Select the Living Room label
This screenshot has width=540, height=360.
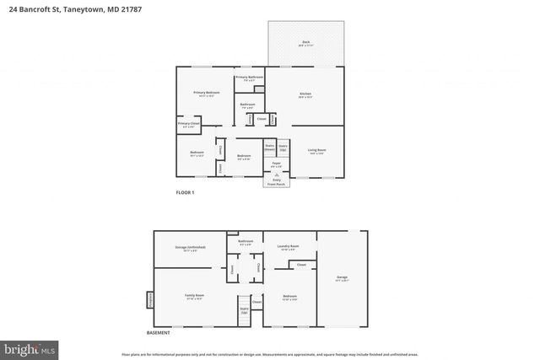[x=317, y=151]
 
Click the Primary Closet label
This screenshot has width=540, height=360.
[x=188, y=125]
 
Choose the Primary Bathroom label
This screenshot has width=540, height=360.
[x=249, y=78]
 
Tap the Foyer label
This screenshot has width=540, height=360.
[x=276, y=164]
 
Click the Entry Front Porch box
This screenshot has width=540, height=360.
[x=276, y=179]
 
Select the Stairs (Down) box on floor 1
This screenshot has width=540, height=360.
[x=269, y=148]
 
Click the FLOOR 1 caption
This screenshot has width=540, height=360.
[x=185, y=193]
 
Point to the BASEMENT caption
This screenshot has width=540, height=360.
[x=158, y=333]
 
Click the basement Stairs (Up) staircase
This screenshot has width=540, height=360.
[x=244, y=310]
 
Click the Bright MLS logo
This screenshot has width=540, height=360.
[x=30, y=347]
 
